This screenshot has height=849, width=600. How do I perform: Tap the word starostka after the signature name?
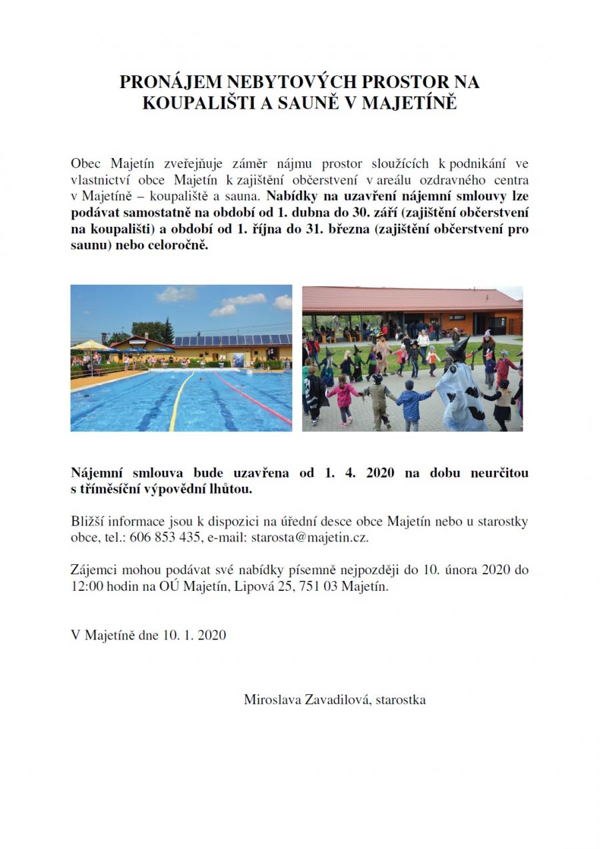[401, 700]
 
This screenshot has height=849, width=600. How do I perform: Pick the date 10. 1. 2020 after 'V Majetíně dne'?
[193, 635]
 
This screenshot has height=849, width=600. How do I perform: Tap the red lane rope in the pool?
[253, 397]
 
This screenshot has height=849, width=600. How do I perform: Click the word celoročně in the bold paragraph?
[182, 245]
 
